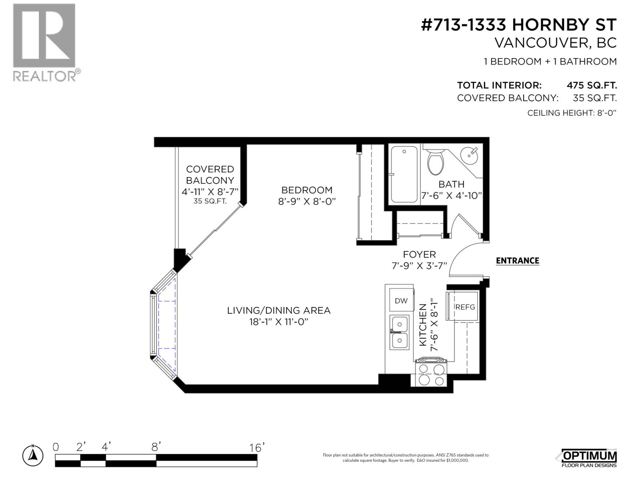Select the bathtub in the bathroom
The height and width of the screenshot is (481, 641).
(x=404, y=174)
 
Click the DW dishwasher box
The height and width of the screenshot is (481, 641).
(x=401, y=301)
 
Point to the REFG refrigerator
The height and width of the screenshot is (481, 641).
(x=465, y=307)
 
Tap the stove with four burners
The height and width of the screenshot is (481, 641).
(x=431, y=373)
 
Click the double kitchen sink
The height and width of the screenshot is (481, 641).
(x=400, y=332)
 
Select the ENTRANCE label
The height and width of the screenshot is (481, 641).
(x=517, y=261)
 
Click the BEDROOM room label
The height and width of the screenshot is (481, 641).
(x=306, y=190)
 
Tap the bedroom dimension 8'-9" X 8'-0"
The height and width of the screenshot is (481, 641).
(x=306, y=201)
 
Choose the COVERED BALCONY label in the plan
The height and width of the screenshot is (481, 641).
(x=210, y=175)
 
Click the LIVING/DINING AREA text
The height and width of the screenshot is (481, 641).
(x=278, y=310)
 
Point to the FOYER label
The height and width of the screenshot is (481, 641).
(x=419, y=255)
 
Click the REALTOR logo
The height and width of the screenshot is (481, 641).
(x=44, y=42)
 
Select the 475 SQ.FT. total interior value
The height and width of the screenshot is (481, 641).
(x=591, y=85)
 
